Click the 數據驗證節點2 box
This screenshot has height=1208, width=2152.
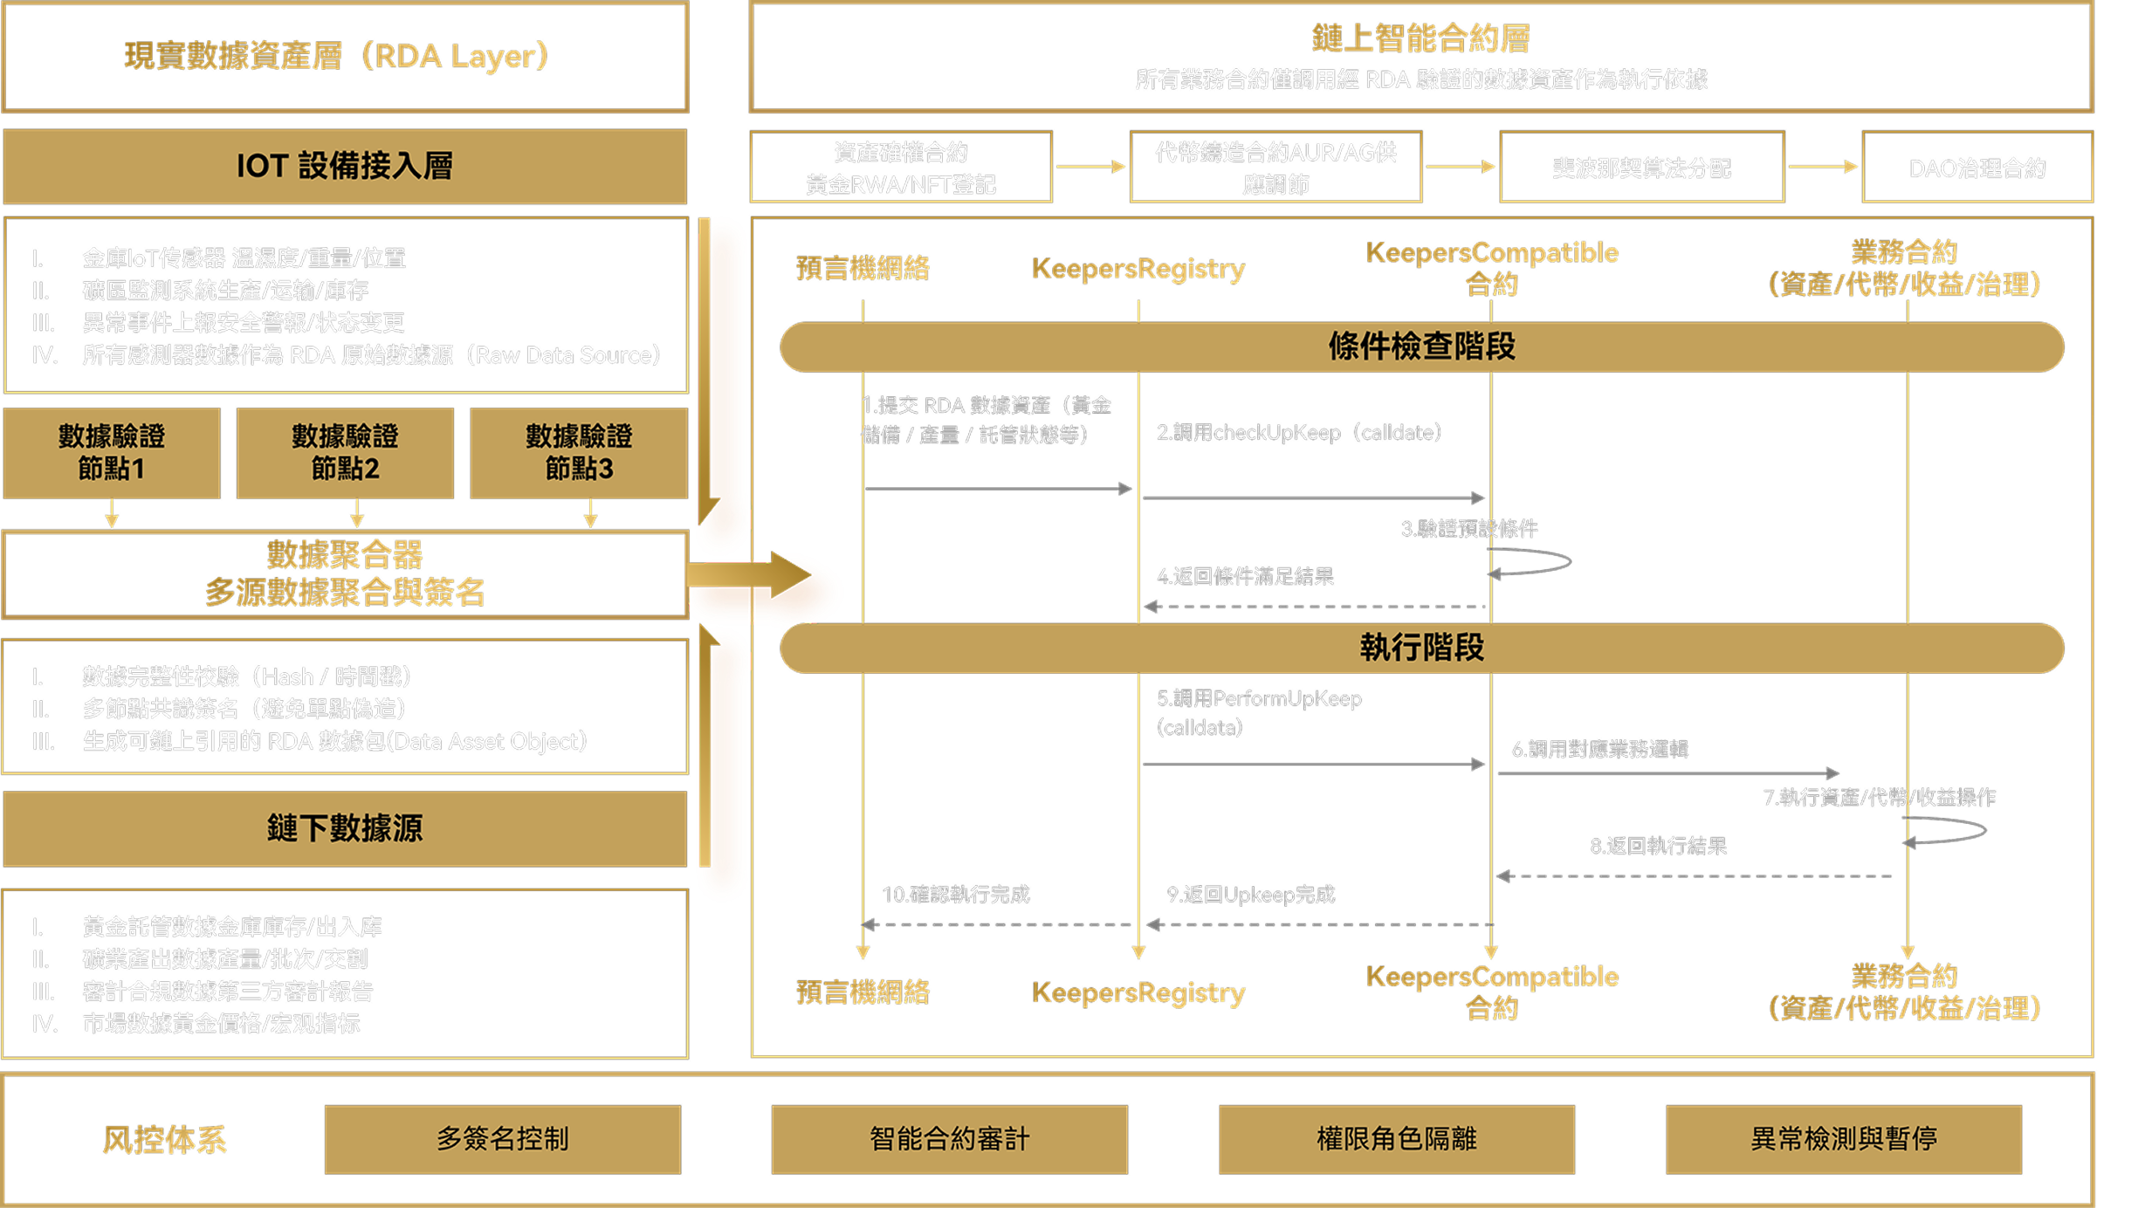[x=345, y=452]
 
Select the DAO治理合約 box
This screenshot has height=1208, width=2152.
[x=1977, y=168]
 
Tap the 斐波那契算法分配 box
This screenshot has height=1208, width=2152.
[x=1640, y=168]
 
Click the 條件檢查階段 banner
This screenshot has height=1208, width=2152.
[x=1421, y=347]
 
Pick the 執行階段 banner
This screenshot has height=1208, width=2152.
[x=1421, y=648]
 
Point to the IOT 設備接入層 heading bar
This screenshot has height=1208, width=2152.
[x=345, y=166]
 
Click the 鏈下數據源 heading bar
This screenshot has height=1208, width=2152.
[x=345, y=828]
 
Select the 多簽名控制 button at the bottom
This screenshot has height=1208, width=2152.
[x=502, y=1139]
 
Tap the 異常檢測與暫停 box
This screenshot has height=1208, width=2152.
[x=1843, y=1139]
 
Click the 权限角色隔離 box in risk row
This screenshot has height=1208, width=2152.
[x=1396, y=1139]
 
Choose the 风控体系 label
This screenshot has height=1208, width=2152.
[x=164, y=1140]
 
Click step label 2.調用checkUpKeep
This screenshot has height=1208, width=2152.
[x=1298, y=433]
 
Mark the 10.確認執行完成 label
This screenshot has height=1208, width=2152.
[x=955, y=895]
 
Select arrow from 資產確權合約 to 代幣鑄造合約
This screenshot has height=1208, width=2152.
[x=1090, y=166]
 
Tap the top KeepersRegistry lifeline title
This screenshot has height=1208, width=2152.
[x=1138, y=269]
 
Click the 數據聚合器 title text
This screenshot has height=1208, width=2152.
[x=345, y=554]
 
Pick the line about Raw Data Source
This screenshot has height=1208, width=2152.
[x=371, y=355]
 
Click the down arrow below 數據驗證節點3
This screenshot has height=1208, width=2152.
[x=590, y=513]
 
